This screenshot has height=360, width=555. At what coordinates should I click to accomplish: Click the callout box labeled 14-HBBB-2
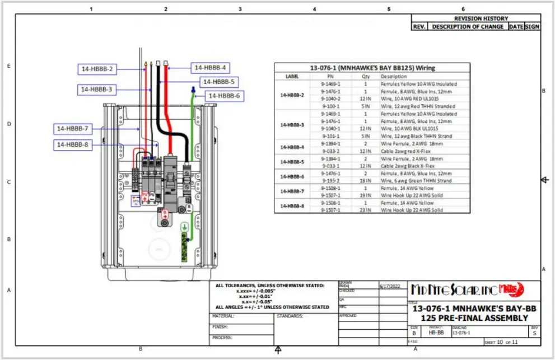97,69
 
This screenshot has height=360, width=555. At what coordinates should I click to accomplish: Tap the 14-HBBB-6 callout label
224,96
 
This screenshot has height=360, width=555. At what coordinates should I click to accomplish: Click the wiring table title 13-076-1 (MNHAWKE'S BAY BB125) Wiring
372,68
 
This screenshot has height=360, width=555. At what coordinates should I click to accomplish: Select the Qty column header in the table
366,76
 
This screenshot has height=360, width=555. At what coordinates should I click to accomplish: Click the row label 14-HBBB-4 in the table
292,147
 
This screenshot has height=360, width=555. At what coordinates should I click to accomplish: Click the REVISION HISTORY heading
481,18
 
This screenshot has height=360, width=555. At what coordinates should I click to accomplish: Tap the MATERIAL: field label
223,316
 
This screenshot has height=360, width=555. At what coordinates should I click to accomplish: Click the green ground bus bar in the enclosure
184,246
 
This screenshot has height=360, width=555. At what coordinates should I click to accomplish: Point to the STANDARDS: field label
290,316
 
